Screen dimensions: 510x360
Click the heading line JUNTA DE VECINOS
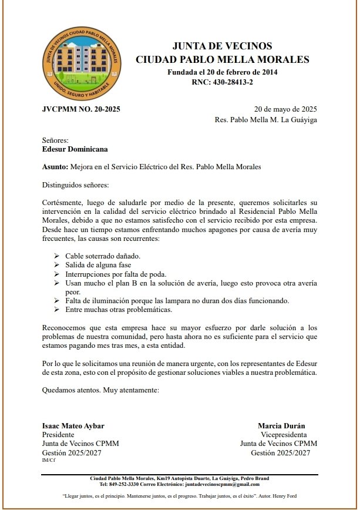pyautogui.click(x=222, y=46)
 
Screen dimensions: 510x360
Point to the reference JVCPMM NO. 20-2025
pyautogui.click(x=81, y=109)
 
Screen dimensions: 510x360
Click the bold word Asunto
pyautogui.click(x=55, y=167)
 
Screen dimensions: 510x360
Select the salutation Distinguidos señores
pyautogui.click(x=76, y=186)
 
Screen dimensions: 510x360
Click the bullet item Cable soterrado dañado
pyautogui.click(x=102, y=257)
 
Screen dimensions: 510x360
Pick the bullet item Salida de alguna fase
pyautogui.click(x=98, y=266)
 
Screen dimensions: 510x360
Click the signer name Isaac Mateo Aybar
pyautogui.click(x=73, y=426)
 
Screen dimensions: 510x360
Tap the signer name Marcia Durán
pyautogui.click(x=281, y=426)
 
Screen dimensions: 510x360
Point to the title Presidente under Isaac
pyautogui.click(x=58, y=435)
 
